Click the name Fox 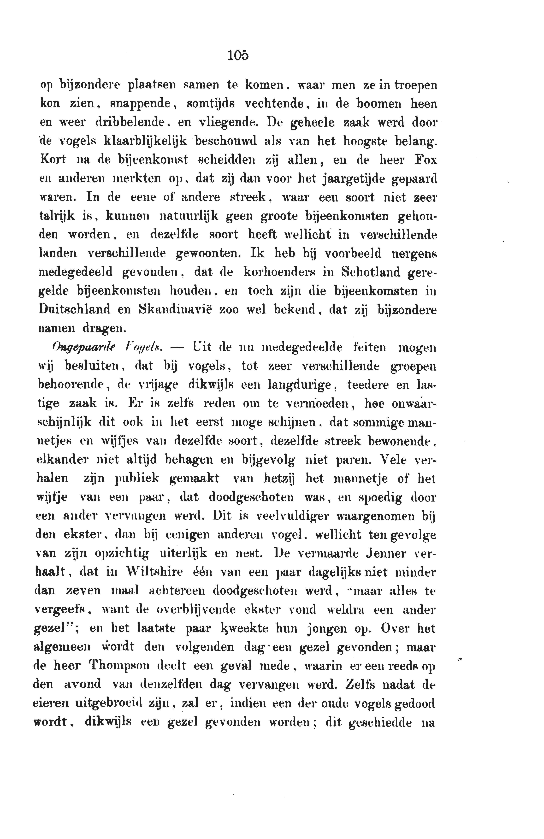(x=426, y=160)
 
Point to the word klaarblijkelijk (x=145, y=141)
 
